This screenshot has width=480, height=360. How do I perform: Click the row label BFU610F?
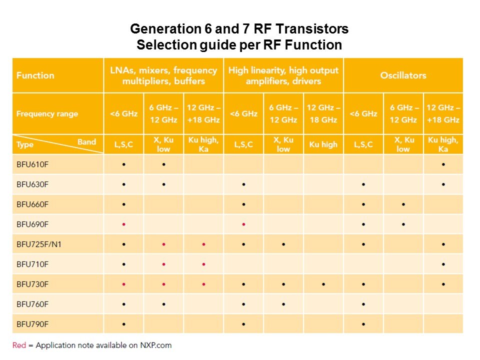(x=32, y=164)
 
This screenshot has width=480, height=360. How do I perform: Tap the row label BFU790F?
(x=32, y=324)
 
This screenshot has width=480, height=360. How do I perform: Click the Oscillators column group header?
(x=403, y=75)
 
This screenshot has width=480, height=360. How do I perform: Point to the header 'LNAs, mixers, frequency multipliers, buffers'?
(x=163, y=75)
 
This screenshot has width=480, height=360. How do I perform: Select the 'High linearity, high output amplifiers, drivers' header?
(x=283, y=75)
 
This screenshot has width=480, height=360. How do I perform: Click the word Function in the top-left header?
(x=35, y=75)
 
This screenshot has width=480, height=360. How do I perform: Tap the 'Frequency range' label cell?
(x=47, y=113)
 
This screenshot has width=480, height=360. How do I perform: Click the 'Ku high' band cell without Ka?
(x=323, y=144)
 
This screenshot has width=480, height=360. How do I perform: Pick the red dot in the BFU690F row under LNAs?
(x=123, y=224)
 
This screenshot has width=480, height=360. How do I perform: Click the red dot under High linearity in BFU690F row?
(x=243, y=224)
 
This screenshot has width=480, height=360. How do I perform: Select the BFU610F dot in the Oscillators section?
(x=443, y=164)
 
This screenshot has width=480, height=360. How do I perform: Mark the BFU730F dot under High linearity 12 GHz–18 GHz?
(x=323, y=284)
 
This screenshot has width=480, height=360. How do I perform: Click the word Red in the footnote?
(x=19, y=345)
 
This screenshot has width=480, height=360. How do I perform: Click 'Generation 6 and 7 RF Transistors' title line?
(x=239, y=29)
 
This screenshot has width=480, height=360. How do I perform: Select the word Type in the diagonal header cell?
(x=24, y=144)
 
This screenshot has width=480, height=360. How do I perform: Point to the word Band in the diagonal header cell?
(x=86, y=141)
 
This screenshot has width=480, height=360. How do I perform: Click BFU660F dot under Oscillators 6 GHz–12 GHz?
(x=403, y=204)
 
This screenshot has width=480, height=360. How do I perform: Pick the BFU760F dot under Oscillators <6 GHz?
(x=363, y=304)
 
